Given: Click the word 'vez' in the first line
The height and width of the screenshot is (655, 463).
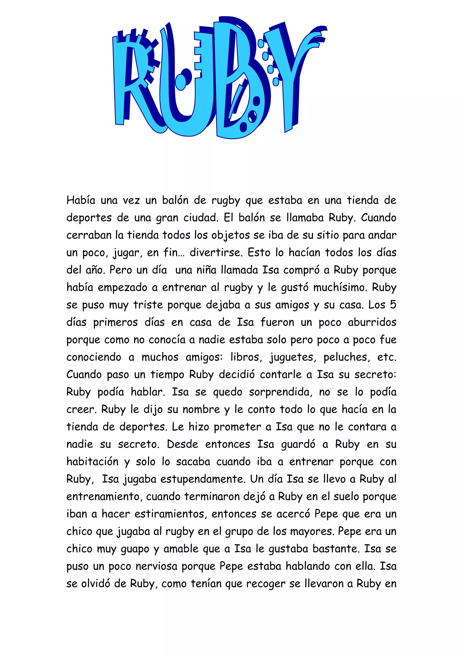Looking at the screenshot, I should click(x=131, y=200).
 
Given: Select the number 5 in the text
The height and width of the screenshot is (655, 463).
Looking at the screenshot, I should click(x=393, y=305).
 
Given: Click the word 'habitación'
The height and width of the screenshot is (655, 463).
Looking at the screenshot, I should click(x=92, y=462).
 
